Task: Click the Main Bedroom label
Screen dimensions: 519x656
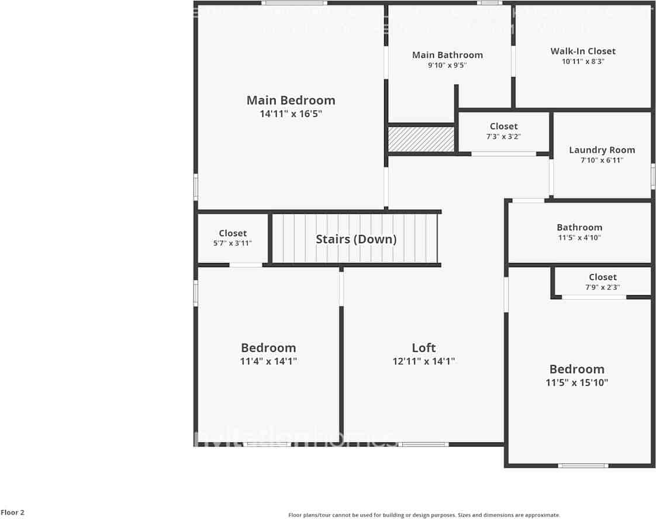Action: tap(291, 101)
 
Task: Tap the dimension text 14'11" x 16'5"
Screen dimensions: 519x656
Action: tap(291, 114)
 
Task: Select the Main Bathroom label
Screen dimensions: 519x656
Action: tap(447, 55)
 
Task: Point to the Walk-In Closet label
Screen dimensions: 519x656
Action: tap(583, 51)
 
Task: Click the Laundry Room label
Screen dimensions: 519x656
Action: tap(602, 150)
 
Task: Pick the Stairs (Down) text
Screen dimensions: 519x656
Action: tap(356, 239)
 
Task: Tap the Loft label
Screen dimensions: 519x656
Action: tap(423, 348)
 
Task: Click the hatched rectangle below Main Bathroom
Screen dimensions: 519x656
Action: tap(422, 139)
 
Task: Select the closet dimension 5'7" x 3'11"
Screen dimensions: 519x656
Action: tap(233, 243)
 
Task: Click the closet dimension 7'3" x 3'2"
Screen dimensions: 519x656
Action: tap(503, 136)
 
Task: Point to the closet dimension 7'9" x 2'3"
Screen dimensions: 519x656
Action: tap(602, 287)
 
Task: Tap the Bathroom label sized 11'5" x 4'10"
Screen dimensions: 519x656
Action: tap(579, 227)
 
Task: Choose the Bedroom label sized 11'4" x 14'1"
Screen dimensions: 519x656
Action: tap(268, 348)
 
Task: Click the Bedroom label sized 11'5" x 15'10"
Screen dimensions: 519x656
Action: tap(576, 369)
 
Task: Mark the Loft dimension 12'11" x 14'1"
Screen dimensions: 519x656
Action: tap(423, 361)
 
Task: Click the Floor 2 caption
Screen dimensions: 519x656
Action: tap(12, 513)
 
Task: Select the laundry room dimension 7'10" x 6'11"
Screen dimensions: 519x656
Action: tap(602, 160)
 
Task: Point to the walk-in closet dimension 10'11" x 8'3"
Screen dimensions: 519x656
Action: tap(583, 61)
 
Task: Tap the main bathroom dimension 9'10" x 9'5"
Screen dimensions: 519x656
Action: tap(447, 65)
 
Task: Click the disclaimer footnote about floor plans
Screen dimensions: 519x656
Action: tap(424, 515)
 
